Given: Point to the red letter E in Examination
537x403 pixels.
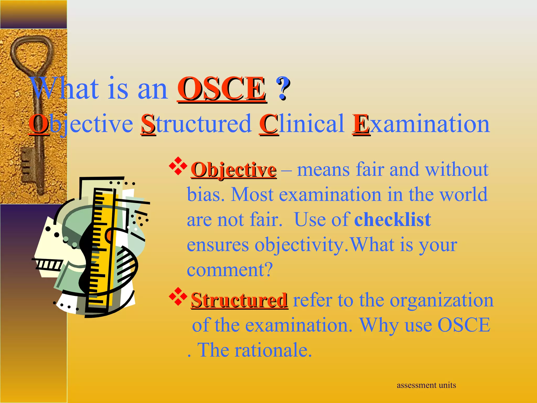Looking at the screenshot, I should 361,124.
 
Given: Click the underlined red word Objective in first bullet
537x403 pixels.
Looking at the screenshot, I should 233,170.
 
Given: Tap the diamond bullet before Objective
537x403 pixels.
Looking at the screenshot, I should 178,166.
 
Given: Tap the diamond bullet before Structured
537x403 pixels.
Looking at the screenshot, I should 178,296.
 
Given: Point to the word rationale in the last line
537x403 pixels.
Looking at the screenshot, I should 273,350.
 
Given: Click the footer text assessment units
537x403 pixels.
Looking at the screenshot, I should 426,385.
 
